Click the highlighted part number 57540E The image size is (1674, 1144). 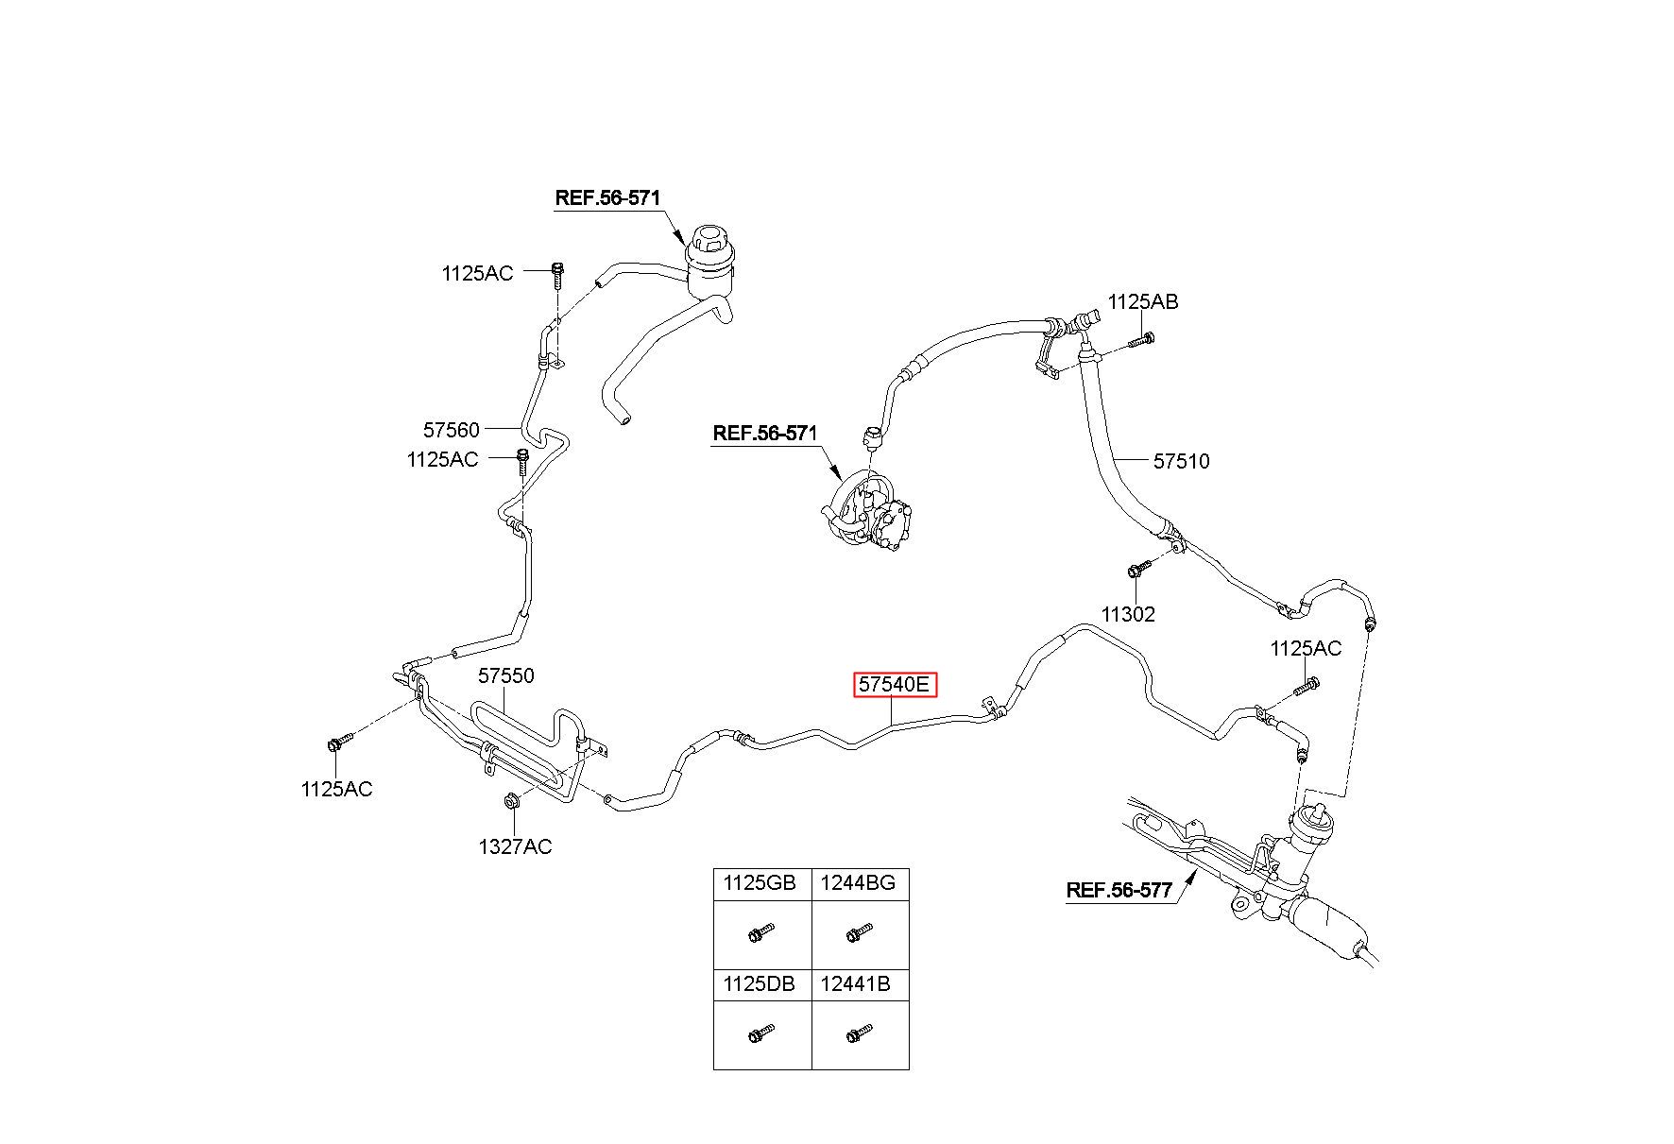click(895, 684)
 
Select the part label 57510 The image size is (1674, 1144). click(1181, 461)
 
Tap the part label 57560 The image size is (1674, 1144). click(451, 430)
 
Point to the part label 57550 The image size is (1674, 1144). click(505, 675)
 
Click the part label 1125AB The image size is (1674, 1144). click(1143, 301)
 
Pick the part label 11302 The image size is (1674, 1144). click(1128, 614)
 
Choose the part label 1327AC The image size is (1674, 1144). click(515, 846)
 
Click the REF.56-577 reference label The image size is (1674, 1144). click(1119, 890)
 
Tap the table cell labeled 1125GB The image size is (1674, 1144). click(760, 884)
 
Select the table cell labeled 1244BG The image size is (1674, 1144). click(858, 884)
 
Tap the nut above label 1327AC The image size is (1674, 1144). click(509, 801)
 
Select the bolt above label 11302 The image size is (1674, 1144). click(1138, 568)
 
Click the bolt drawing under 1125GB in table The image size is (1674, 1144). click(760, 933)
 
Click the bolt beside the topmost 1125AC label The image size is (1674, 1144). click(556, 274)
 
